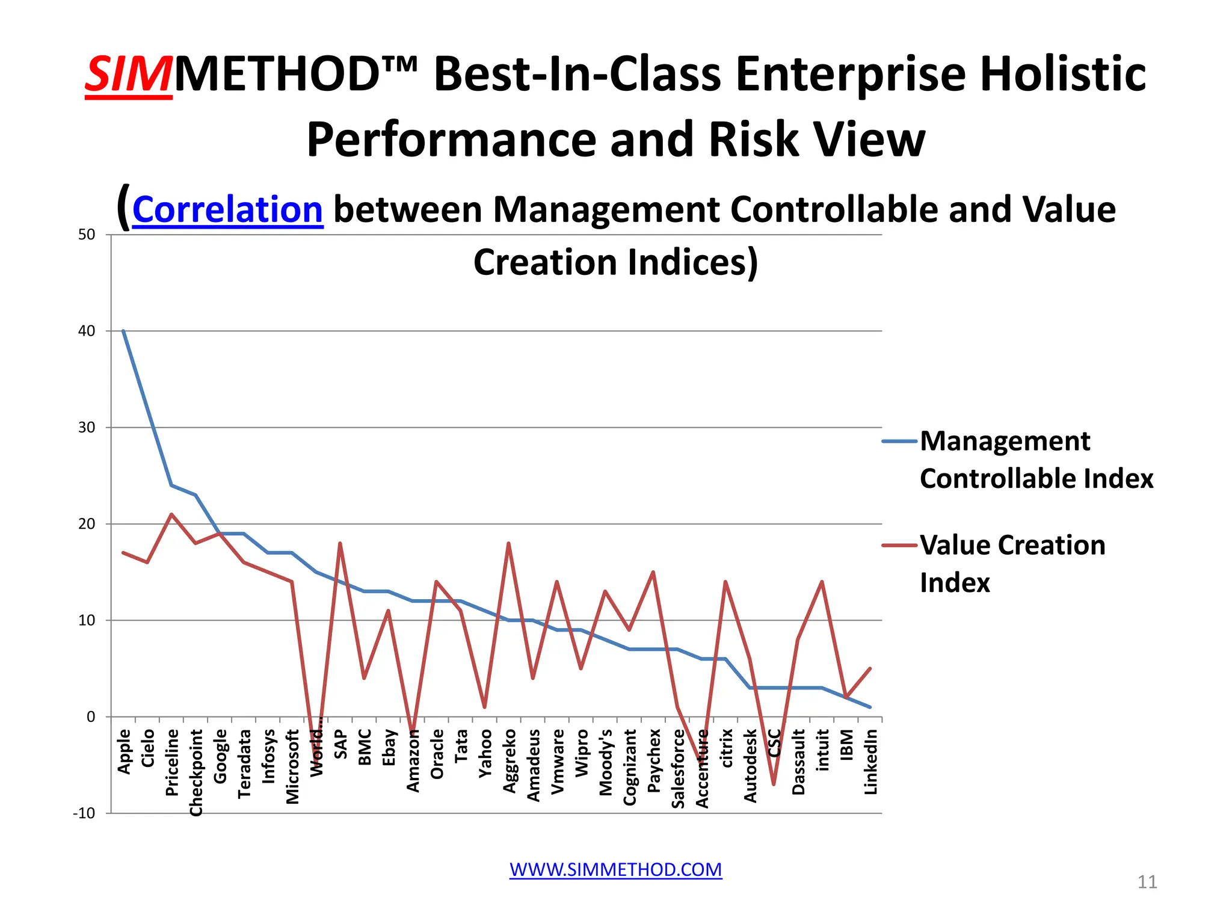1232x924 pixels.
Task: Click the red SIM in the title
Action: [129, 75]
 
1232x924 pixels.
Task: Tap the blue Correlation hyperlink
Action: [227, 210]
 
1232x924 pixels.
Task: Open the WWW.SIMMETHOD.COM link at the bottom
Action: [615, 869]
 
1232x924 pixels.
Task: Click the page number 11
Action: [1147, 882]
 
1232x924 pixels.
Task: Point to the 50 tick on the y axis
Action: [87, 235]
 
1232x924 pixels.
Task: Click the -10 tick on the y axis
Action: [84, 813]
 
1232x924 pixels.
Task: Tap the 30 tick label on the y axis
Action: [87, 427]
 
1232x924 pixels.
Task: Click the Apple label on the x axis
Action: [124, 751]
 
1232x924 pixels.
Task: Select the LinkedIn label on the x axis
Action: [870, 762]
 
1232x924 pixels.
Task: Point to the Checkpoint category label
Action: [196, 772]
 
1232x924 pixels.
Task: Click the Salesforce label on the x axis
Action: [678, 768]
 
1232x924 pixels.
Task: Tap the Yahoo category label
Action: [485, 753]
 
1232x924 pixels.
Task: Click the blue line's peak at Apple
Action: [123, 331]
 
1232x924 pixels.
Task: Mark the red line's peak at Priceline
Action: [171, 514]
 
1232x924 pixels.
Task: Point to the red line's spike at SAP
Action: [340, 543]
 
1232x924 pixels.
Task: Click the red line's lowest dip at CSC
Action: [774, 784]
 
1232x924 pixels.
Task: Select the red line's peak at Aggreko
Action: [509, 543]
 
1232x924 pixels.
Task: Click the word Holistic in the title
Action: [1062, 75]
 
